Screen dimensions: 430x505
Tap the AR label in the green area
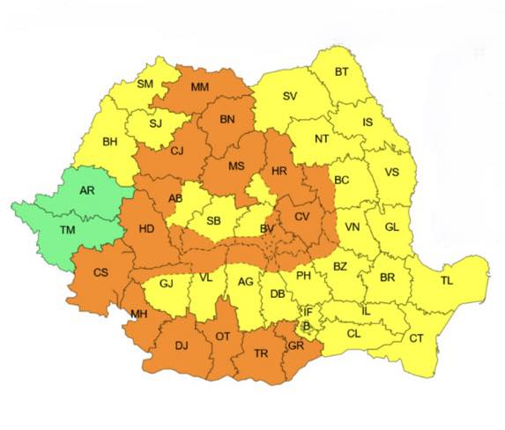coord(87,190)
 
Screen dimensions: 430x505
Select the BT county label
coord(341,72)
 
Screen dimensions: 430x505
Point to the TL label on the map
coord(447,281)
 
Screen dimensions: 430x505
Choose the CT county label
coord(416,339)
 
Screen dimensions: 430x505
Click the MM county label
coord(199,87)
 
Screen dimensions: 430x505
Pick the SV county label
coord(289,97)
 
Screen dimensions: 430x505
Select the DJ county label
coord(182,345)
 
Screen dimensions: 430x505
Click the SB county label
coord(213,220)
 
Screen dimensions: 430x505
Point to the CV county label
coord(302,217)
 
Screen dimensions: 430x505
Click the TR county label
coord(261,352)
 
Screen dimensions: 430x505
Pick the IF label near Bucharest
coord(308,312)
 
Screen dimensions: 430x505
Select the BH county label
coord(110,141)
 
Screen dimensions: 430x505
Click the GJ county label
coord(166,284)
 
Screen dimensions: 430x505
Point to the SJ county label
coord(155,123)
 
